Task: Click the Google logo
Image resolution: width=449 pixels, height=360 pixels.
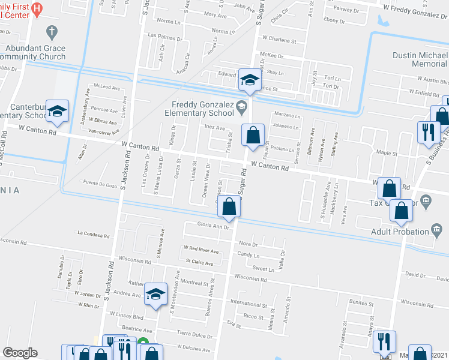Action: point(20,353)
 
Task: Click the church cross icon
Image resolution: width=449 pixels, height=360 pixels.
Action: point(52,31)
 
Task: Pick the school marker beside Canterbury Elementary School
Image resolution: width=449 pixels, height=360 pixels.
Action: point(58,110)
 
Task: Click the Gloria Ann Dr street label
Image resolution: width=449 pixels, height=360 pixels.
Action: point(214,227)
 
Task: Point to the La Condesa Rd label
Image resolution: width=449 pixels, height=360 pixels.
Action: point(93,235)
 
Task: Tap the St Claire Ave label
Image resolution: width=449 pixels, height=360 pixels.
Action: point(199,262)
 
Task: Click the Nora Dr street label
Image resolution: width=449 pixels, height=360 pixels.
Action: point(248,244)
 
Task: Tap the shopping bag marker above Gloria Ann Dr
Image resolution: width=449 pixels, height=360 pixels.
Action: point(229,207)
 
